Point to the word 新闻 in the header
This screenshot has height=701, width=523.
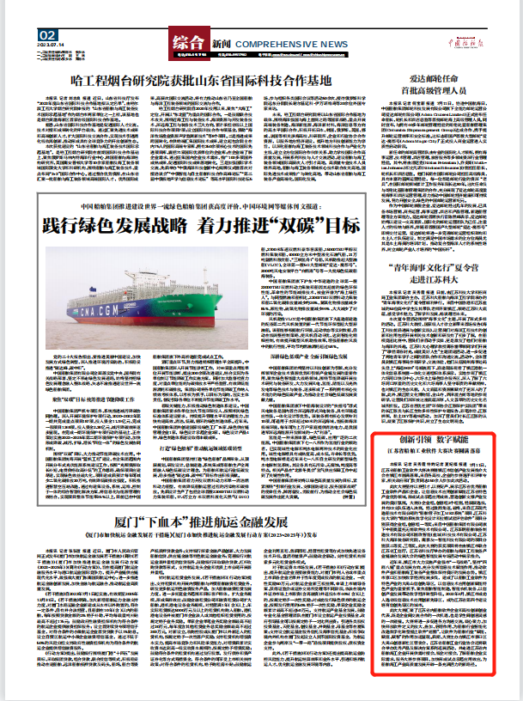pyautogui.click(x=222, y=43)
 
